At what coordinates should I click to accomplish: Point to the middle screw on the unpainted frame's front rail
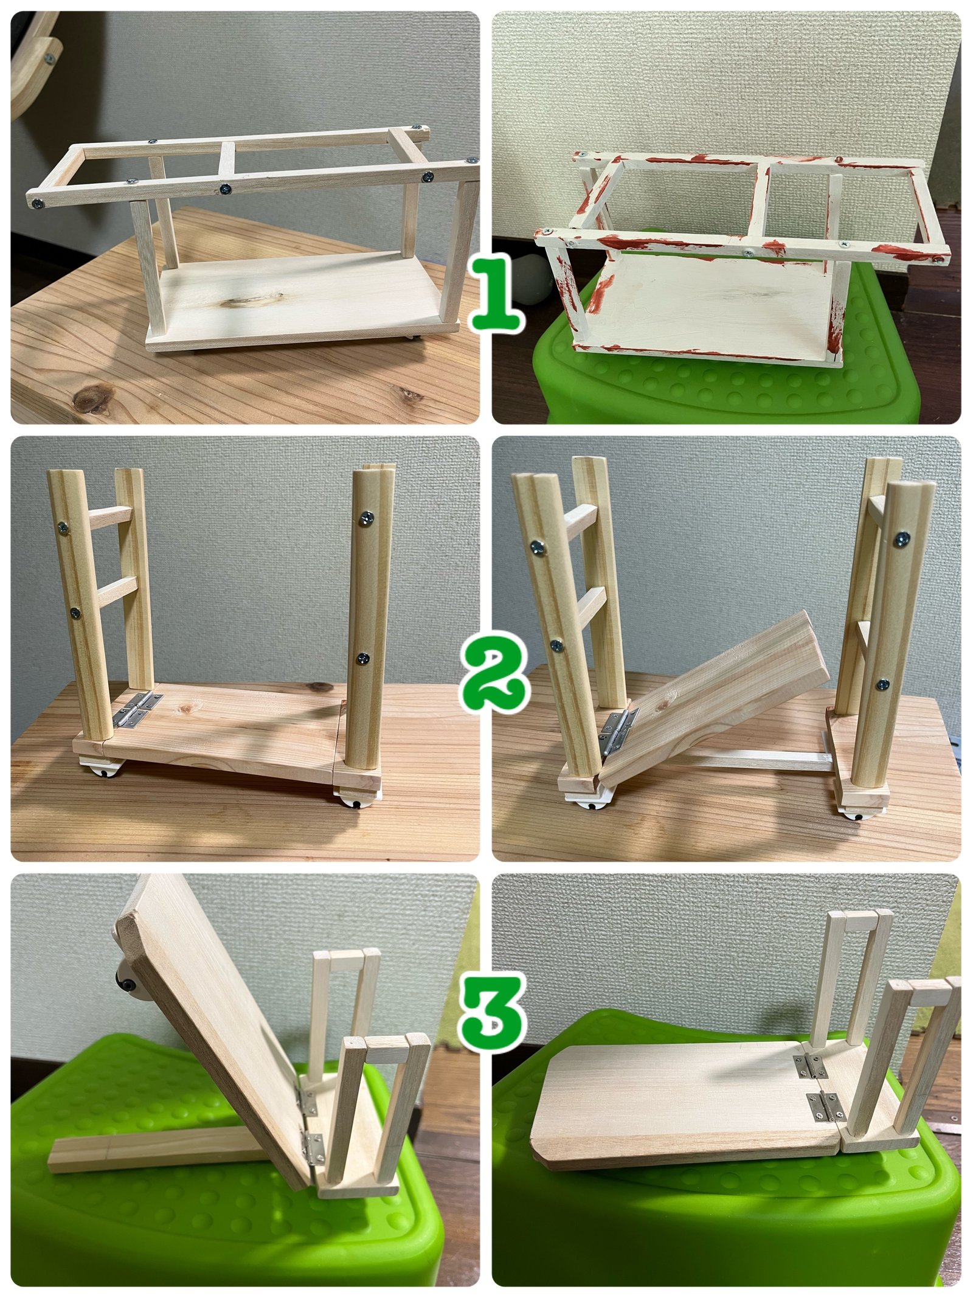(226, 189)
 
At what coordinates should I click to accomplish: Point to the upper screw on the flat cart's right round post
(367, 518)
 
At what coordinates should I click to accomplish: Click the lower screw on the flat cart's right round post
(363, 658)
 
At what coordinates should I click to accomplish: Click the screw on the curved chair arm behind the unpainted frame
(49, 59)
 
